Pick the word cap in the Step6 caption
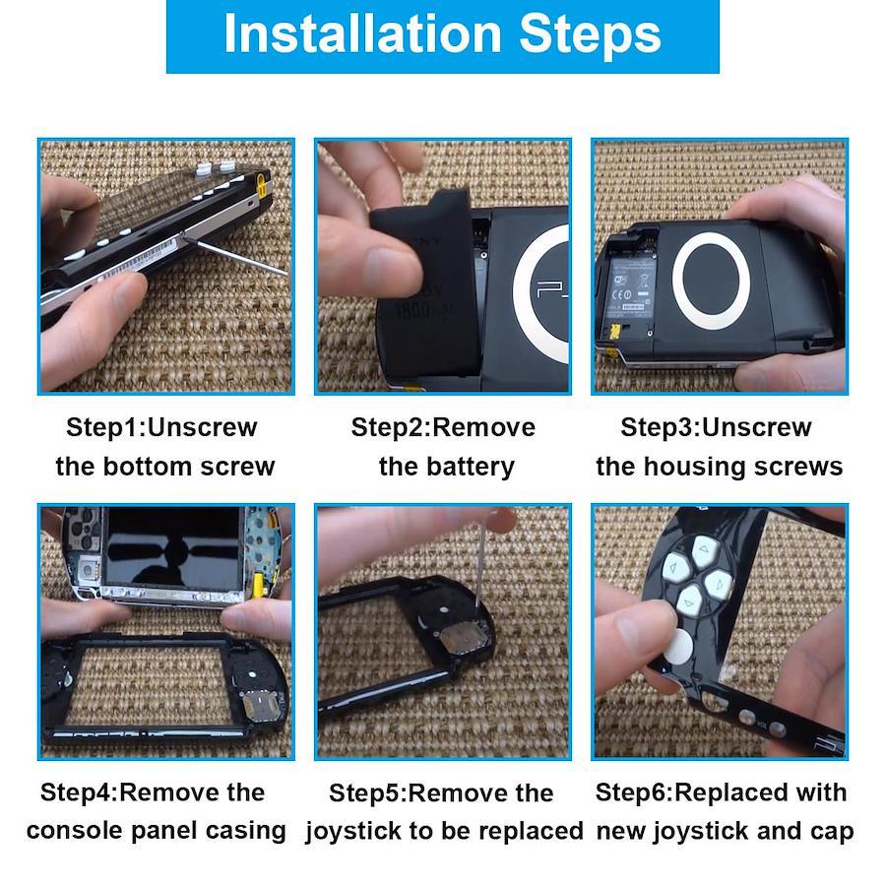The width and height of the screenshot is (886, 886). click(x=833, y=832)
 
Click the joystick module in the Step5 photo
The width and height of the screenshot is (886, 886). click(x=462, y=638)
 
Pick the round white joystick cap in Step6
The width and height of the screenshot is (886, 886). click(x=677, y=646)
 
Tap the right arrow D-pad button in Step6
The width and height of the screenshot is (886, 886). click(x=719, y=584)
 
